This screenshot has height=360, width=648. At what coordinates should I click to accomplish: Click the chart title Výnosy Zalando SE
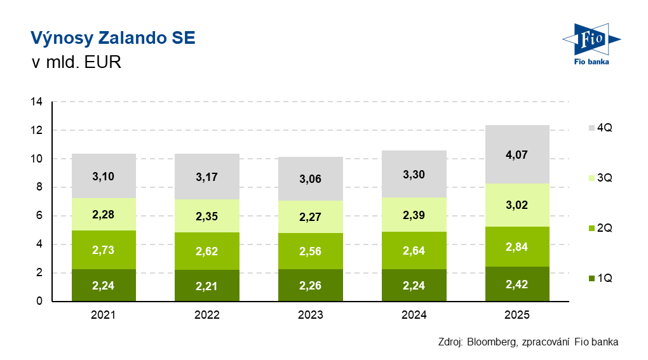pos(113,39)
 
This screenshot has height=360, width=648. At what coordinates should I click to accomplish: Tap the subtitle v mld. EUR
pos(76,63)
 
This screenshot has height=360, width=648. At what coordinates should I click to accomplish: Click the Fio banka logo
pos(591,45)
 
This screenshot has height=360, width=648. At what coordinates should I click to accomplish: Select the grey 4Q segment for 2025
pos(516,154)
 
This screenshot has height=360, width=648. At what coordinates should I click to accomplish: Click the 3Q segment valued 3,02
pos(516,204)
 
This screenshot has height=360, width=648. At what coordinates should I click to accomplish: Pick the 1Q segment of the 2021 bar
pos(104,286)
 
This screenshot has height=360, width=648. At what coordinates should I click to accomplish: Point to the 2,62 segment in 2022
pos(207,251)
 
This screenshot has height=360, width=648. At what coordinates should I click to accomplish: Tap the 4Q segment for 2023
pos(310,178)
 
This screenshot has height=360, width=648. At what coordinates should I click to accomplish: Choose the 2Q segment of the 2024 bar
pos(414,250)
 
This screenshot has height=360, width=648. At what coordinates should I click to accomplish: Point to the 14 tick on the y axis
pos(36,102)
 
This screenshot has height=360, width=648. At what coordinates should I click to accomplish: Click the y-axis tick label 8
pos(39,187)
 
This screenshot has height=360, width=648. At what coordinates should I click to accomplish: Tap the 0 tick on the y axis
pos(39,302)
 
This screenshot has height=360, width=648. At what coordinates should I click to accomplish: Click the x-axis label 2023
pos(310,315)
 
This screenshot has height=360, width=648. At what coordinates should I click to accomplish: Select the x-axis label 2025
pos(516,315)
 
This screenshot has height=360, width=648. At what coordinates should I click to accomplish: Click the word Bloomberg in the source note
pos(492,342)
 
